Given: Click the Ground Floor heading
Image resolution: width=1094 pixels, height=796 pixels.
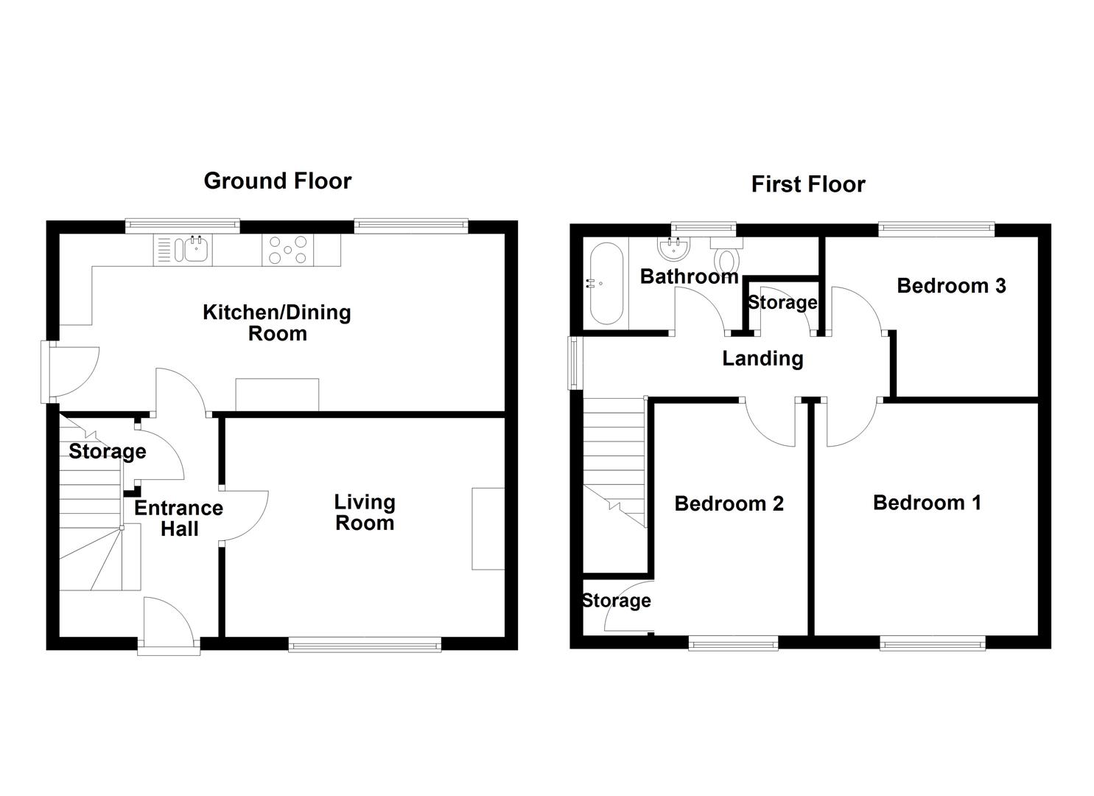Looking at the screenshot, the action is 278,181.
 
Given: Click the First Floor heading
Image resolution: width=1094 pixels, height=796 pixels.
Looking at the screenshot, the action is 808,185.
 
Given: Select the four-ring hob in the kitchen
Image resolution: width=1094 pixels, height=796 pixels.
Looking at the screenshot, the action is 287,250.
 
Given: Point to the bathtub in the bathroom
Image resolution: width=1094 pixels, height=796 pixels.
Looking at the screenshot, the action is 606,284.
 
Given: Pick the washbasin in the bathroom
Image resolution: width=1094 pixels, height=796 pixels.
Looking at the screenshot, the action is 674,248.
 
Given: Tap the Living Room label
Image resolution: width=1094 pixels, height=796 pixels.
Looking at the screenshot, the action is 365,512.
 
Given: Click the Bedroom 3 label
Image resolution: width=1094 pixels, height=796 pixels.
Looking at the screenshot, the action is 951,286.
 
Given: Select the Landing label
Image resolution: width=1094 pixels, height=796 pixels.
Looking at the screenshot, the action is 763,359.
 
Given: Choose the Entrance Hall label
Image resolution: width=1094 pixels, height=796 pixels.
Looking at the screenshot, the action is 179,518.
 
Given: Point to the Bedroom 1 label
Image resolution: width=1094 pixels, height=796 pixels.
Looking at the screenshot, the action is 927,503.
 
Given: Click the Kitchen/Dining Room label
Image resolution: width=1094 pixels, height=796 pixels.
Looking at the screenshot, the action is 277,323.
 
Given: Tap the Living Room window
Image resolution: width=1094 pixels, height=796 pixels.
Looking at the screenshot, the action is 365,646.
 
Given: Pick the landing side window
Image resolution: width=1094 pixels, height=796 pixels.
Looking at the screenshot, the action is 572,363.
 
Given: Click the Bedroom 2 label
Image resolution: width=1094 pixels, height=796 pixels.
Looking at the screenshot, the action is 729,504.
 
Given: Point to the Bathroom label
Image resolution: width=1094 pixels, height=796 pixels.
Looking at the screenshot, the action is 689,277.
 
